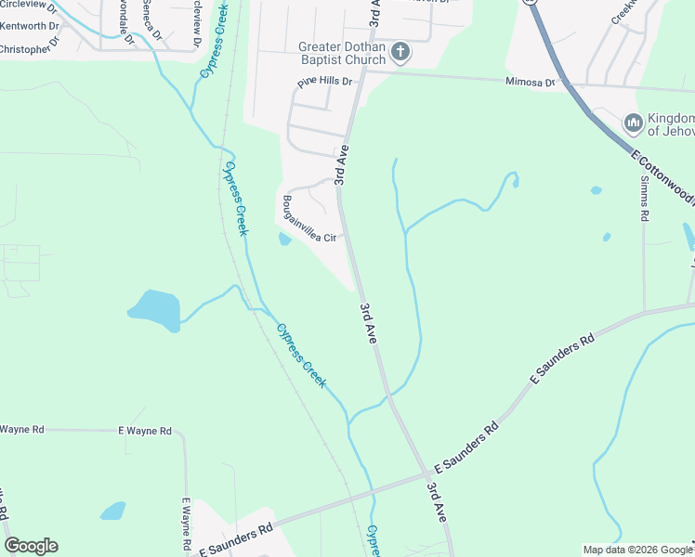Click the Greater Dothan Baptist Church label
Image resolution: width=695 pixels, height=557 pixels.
341,54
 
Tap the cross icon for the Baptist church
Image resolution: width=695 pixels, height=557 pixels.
400,52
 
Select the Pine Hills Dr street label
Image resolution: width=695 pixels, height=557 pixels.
325,83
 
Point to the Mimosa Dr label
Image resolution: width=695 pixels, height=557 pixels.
530,83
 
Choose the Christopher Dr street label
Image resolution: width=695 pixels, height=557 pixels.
30,47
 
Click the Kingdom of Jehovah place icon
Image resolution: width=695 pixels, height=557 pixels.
634,123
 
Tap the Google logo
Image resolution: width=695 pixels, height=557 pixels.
31,546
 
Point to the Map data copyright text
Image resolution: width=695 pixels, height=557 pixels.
636,550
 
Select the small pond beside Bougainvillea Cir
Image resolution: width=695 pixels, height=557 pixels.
284,240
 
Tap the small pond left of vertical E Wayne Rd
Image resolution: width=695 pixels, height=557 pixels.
112,511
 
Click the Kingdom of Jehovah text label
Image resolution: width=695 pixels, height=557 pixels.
671,124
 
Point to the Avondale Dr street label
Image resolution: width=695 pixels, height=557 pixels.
124,13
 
